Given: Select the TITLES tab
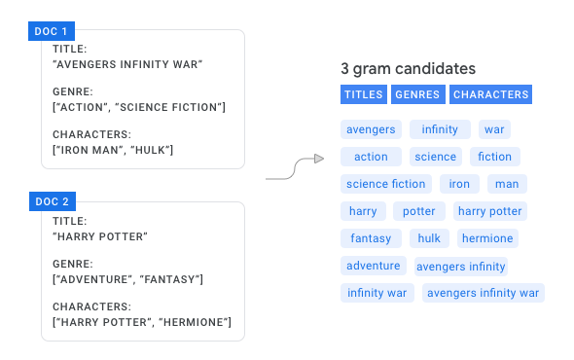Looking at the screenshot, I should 363,94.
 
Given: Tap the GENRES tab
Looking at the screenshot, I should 417,94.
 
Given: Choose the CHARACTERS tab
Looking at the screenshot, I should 491,94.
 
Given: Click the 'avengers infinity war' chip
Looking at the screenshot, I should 484,293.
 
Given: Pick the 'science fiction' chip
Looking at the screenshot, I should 386,184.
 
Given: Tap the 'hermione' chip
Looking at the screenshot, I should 487,238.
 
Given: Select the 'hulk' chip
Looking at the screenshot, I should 429,238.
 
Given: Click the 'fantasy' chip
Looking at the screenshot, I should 371,238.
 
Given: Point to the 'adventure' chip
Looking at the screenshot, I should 374,266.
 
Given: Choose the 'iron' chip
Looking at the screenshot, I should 459,184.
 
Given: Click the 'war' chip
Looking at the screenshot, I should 494,129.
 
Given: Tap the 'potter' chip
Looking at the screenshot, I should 419,211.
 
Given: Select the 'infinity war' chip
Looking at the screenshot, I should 377,293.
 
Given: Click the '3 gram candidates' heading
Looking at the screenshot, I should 408,69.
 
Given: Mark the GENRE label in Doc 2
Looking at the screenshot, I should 72,264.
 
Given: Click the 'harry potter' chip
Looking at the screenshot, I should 489,211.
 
